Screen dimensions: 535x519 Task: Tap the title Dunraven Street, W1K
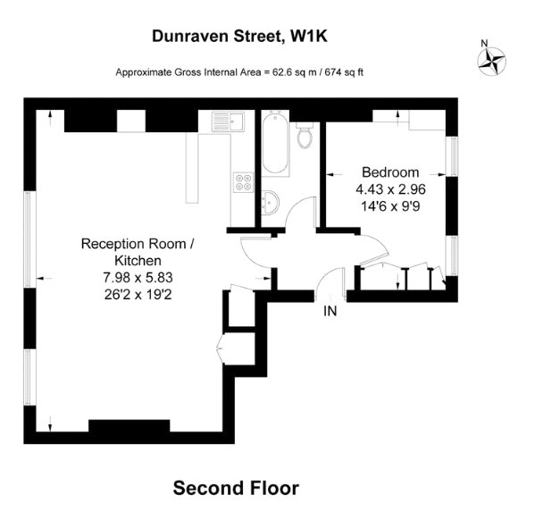pyautogui.click(x=239, y=36)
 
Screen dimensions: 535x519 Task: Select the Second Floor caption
pyautogui.click(x=236, y=488)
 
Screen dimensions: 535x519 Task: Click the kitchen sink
pyautogui.click(x=228, y=121)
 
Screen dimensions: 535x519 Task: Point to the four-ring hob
pyautogui.click(x=244, y=182)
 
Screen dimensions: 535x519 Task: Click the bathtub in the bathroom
pyautogui.click(x=275, y=143)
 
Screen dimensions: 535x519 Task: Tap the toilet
pyautogui.click(x=304, y=135)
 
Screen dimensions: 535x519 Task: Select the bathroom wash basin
pyautogui.click(x=271, y=203)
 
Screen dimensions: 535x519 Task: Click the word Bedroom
pyautogui.click(x=390, y=172)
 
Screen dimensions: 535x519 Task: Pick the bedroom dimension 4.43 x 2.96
pyautogui.click(x=390, y=189)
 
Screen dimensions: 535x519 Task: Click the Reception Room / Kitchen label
pyautogui.click(x=138, y=252)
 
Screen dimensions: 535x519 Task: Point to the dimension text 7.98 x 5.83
pyautogui.click(x=138, y=278)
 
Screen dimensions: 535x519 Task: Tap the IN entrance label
pyautogui.click(x=330, y=311)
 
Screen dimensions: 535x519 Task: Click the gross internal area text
pyautogui.click(x=239, y=72)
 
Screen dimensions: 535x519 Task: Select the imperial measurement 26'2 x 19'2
pyautogui.click(x=138, y=294)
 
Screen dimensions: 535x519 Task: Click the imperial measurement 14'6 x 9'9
pyautogui.click(x=390, y=206)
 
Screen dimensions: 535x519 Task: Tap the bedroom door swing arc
pyautogui.click(x=380, y=241)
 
